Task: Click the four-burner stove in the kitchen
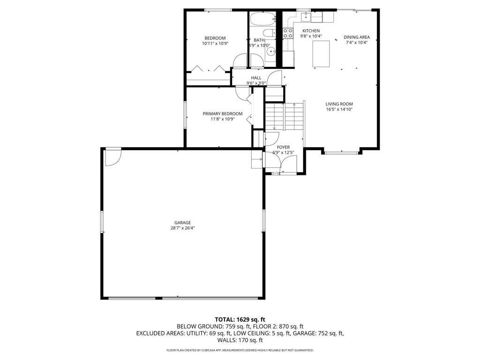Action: pos(288,33)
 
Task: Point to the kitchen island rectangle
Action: pos(321,54)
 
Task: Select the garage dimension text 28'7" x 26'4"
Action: pos(183,228)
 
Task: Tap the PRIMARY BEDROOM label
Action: pos(223,113)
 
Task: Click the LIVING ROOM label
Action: pos(339,104)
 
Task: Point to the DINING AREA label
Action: pos(357,37)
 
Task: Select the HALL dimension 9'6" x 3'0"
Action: pos(256,83)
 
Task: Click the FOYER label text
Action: pos(283,147)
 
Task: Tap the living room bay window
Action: pos(341,152)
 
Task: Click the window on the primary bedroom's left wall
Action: pos(184,114)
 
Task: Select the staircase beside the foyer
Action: pos(284,117)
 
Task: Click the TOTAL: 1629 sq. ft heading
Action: pos(240,319)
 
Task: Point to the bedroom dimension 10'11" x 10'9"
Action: pos(215,44)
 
